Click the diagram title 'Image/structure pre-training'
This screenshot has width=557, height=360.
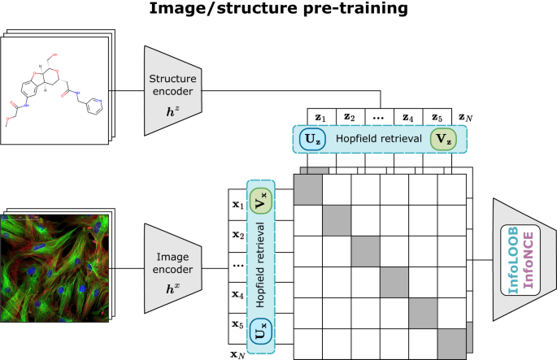278,12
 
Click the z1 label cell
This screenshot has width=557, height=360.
320,117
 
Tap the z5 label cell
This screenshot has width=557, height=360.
437,117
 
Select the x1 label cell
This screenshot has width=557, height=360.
237,206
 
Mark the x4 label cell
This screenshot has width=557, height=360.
237,295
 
